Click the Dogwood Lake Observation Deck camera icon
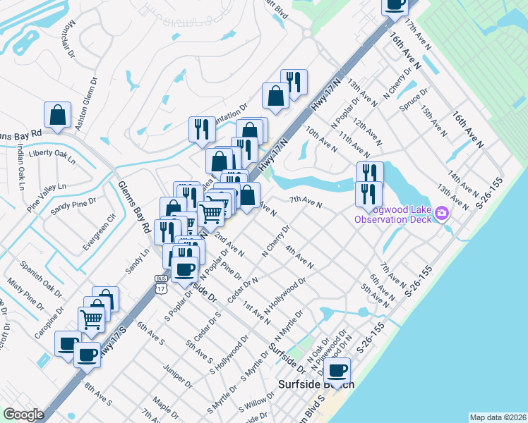point(443,212)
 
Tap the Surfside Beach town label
point(316,385)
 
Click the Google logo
point(23,415)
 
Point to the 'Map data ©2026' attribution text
point(497,417)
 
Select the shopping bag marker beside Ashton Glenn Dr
point(58,115)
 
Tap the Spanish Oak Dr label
point(41,278)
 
